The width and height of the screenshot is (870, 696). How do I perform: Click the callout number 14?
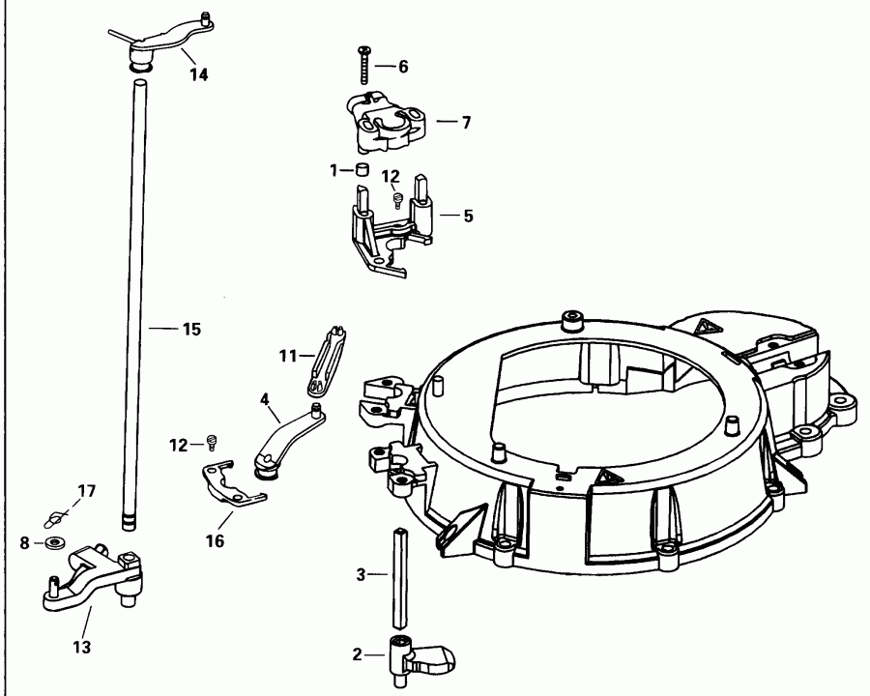tap(198, 74)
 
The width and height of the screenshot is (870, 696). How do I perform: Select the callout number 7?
tap(466, 123)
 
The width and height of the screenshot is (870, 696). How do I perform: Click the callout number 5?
tap(468, 216)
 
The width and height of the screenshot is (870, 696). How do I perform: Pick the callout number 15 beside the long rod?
tap(190, 330)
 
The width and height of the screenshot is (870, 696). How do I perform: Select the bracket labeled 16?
tap(232, 483)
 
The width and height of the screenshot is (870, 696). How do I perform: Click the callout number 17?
tap(87, 491)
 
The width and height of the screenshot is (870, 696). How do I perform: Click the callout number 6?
tap(402, 66)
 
